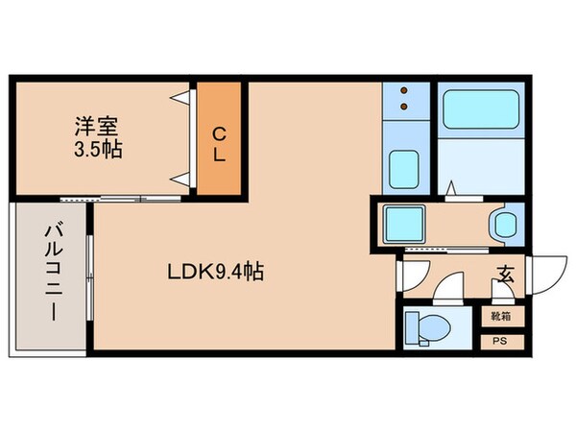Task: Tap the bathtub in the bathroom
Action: [x=478, y=112]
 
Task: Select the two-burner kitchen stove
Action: [x=404, y=100]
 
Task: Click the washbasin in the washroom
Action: [x=503, y=226]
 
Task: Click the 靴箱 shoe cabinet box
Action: [x=501, y=314]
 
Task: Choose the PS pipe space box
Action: [x=501, y=340]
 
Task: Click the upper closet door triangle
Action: [x=180, y=97]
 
